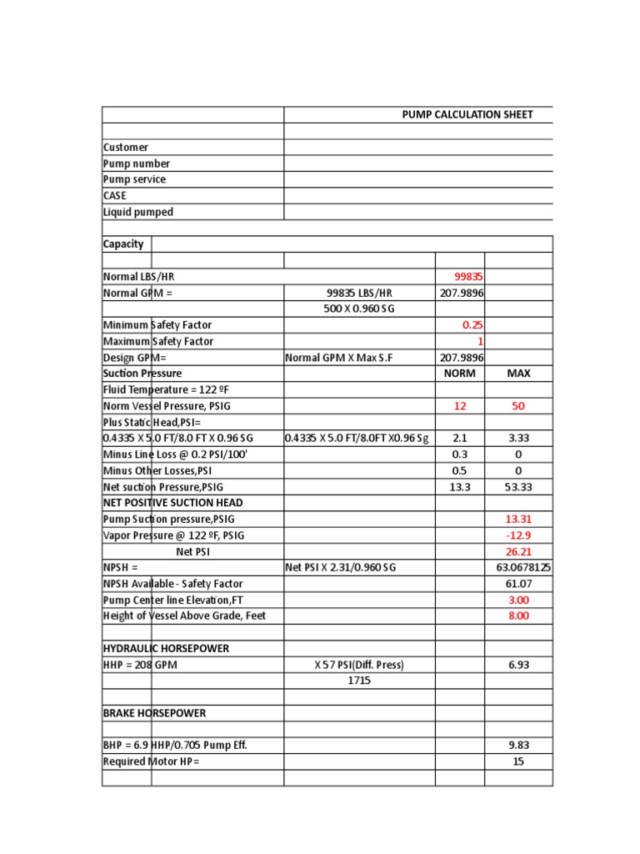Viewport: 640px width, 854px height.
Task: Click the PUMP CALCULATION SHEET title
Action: pos(467,114)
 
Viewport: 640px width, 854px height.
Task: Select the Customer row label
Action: pos(126,147)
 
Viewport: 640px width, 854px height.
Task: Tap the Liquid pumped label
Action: pos(138,212)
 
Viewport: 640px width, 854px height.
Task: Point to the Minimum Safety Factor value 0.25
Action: pos(472,324)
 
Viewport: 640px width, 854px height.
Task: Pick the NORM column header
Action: pos(460,373)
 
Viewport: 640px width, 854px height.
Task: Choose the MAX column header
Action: pos(518,373)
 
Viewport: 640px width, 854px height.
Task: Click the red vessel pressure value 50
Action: pos(518,405)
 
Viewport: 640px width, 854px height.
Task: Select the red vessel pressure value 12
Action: pos(459,405)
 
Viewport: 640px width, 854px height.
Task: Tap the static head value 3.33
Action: pos(518,438)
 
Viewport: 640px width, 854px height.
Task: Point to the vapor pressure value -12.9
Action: pos(518,535)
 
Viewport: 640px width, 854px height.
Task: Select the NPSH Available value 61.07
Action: pos(518,584)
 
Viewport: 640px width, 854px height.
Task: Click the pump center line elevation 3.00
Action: pos(518,600)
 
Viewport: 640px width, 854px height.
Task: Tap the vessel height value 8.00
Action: pos(518,615)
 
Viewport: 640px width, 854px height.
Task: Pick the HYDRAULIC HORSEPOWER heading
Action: pos(166,648)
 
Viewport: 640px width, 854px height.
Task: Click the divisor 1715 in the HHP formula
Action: pos(358,681)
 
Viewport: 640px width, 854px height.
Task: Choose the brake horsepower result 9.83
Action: pos(518,745)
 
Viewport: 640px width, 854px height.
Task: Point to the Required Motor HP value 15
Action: pos(518,761)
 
